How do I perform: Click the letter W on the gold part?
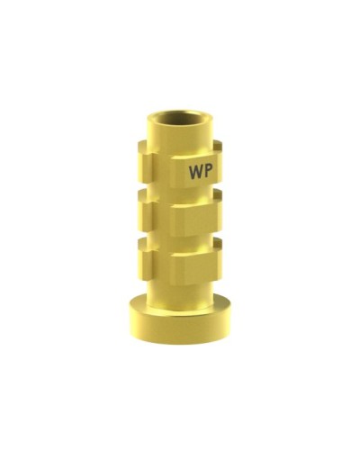click(x=196, y=172)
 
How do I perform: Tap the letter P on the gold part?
click(x=209, y=171)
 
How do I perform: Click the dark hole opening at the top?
click(x=180, y=118)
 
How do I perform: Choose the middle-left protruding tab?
click(x=146, y=212)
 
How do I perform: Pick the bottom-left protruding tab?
click(x=146, y=260)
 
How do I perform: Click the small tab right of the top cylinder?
click(x=218, y=147)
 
